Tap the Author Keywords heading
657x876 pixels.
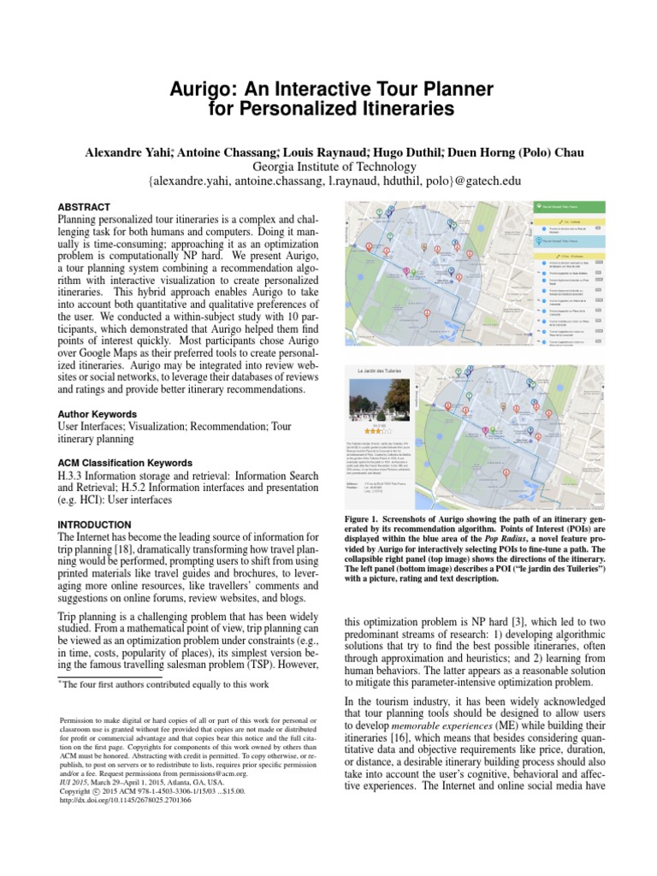[x=97, y=412]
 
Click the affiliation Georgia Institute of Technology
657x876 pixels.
[x=328, y=167]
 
